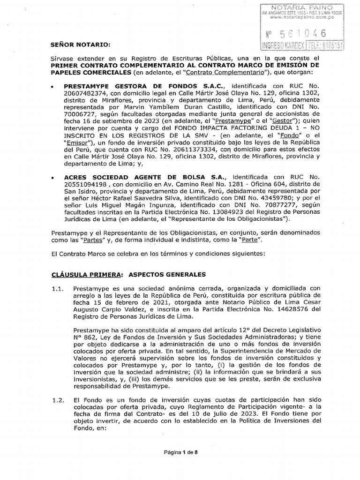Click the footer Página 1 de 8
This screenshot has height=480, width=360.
coord(180,452)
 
